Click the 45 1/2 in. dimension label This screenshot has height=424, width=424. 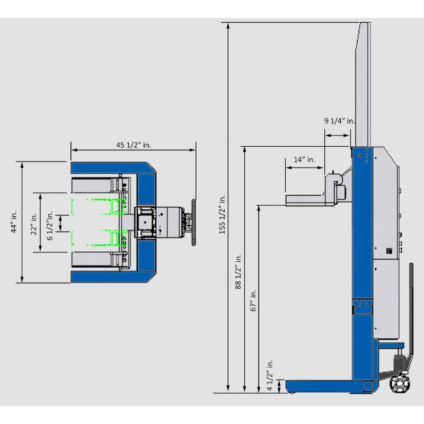(x=134, y=145)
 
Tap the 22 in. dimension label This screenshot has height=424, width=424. (x=33, y=223)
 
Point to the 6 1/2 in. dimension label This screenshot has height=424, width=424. (x=50, y=222)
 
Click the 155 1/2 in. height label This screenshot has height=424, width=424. (x=222, y=214)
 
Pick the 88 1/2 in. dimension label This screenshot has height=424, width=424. (x=238, y=270)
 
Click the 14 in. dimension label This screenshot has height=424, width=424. (x=304, y=160)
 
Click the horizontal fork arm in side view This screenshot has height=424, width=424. (x=305, y=199)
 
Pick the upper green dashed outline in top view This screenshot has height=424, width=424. (x=95, y=206)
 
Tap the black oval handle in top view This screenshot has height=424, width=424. (x=192, y=223)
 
